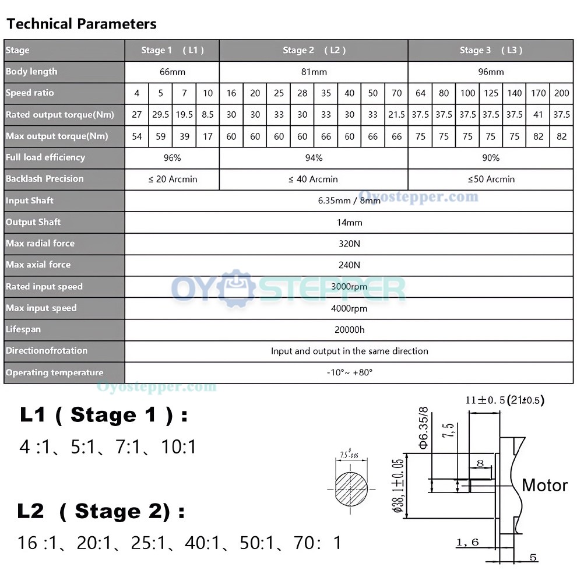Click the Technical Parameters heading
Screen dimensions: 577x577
(82, 24)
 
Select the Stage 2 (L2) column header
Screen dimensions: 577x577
(314, 50)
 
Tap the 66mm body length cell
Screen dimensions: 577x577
(172, 72)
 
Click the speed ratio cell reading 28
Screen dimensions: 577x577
(302, 93)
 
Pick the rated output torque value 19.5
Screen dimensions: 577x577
(184, 114)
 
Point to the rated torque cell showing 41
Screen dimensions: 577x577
(538, 114)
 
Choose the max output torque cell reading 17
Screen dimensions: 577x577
(207, 136)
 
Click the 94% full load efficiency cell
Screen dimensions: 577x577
(314, 158)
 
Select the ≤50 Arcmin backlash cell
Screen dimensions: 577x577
(491, 179)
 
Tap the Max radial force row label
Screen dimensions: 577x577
(40, 243)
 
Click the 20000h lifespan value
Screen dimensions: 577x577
(349, 330)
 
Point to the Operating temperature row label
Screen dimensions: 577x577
(54, 372)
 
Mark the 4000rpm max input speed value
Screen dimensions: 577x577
(349, 308)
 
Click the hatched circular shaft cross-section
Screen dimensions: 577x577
(351, 489)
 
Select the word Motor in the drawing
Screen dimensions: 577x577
(544, 485)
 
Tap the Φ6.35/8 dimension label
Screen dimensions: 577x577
(424, 428)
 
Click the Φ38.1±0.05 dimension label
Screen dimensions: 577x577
(397, 485)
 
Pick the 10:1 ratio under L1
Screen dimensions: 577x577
(179, 446)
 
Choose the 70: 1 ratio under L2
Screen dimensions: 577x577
(318, 543)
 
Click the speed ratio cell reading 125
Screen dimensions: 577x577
(491, 93)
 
